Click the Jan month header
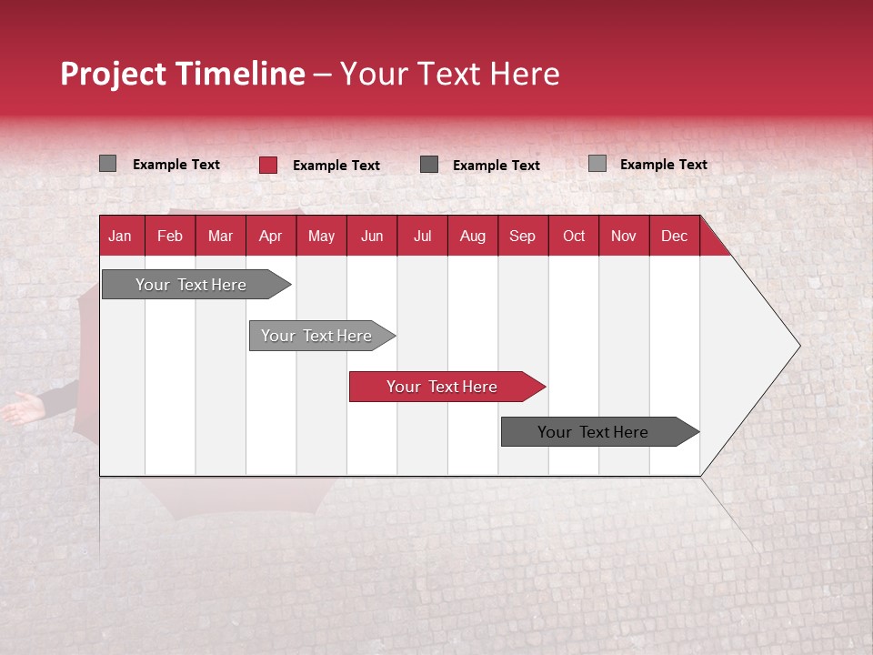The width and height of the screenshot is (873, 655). tap(121, 236)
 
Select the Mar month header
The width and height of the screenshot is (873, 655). tap(220, 236)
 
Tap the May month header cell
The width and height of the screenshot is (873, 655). tap(321, 236)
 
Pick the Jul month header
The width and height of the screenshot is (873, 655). tap(422, 236)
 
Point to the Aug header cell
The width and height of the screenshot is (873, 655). tap(472, 236)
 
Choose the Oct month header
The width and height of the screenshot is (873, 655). tap(574, 236)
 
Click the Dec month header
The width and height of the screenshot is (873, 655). tap(674, 236)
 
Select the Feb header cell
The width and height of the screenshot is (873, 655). tap(170, 236)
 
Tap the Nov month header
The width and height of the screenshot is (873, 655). tap(624, 236)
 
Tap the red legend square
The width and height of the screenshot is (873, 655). tap(268, 165)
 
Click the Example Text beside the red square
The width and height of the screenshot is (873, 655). tap(336, 166)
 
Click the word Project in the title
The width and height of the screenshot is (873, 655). tap(114, 74)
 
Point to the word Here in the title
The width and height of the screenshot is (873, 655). tap(525, 74)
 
